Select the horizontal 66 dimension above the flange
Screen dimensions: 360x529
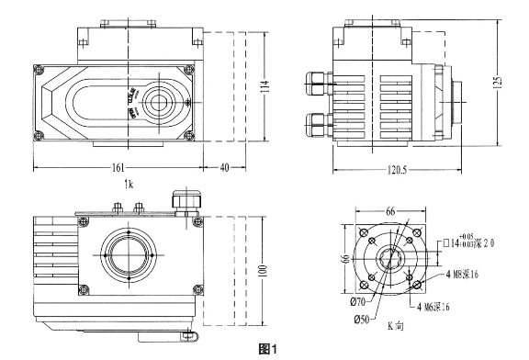point(390,211)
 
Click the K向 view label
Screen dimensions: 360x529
point(396,326)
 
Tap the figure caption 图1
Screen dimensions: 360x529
point(269,349)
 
